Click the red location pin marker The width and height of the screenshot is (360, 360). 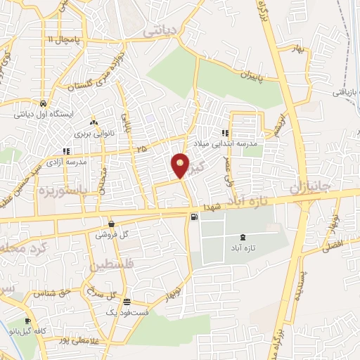[x=181, y=165]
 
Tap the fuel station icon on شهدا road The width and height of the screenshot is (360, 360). [x=193, y=217]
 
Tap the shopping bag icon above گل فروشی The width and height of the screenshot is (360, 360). [x=112, y=224]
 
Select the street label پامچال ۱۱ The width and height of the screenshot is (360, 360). [x=61, y=40]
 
